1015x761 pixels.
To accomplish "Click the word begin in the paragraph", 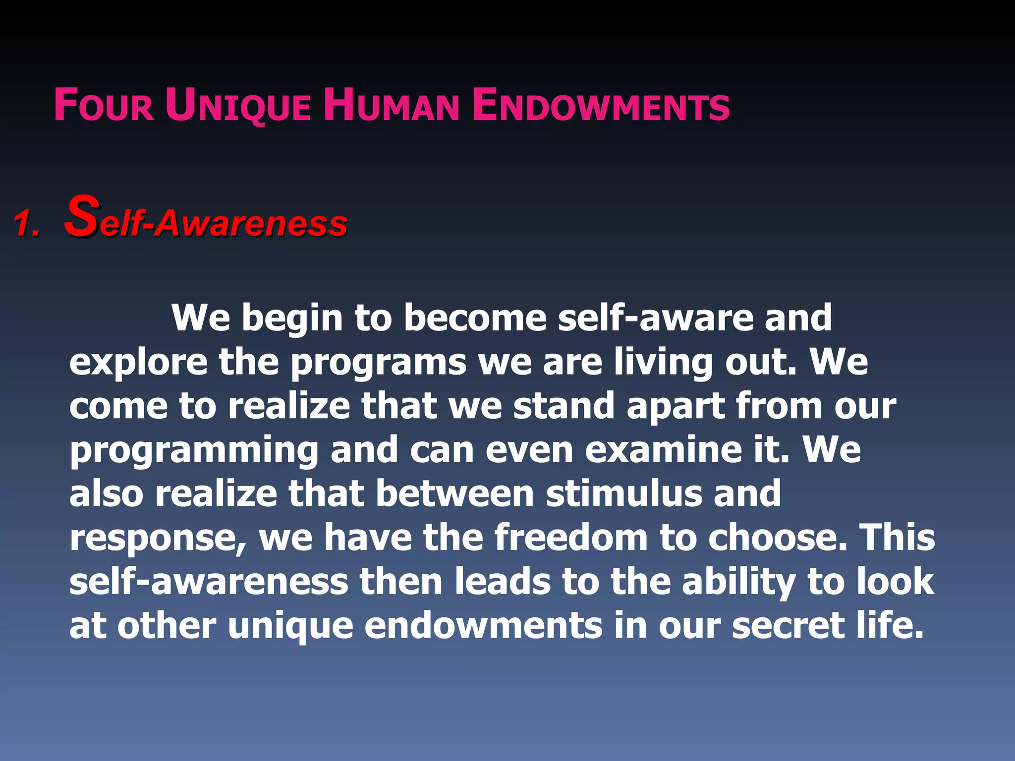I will [x=292, y=318].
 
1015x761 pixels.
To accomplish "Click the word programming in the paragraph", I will [x=194, y=451].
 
